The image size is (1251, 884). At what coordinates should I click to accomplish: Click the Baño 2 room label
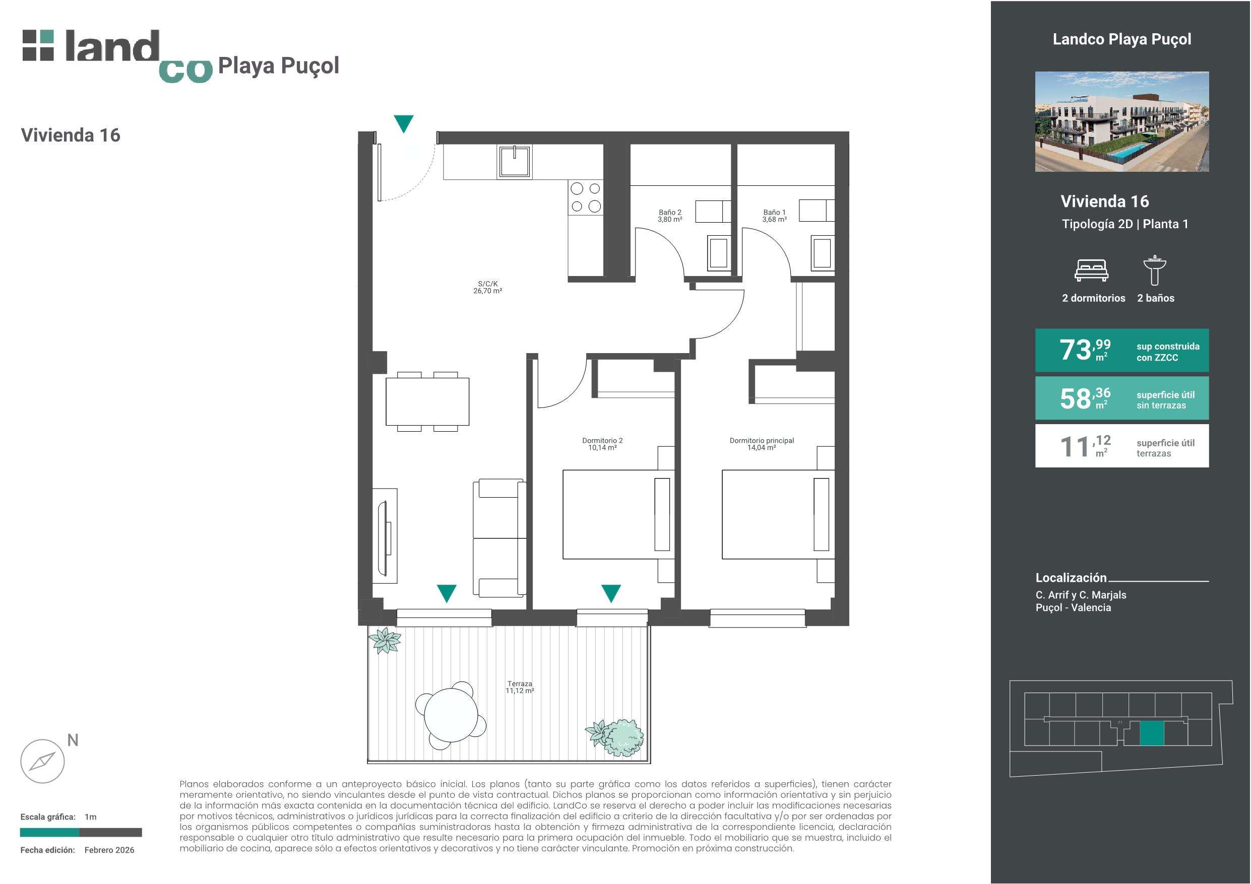[670, 216]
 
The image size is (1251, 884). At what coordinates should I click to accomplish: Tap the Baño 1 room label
[774, 216]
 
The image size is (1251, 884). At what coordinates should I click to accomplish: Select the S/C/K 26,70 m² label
[488, 288]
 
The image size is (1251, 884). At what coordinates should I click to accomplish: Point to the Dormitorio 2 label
[602, 444]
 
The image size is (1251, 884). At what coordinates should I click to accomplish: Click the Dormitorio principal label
[762, 444]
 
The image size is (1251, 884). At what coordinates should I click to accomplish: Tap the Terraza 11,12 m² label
[520, 687]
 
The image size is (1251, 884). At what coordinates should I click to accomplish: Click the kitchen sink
[514, 161]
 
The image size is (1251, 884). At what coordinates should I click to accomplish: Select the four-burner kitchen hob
[586, 197]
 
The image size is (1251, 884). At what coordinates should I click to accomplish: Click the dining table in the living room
[427, 401]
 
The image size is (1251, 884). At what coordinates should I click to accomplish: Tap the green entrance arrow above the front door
[404, 123]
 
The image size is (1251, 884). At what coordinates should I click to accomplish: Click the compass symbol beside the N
[42, 761]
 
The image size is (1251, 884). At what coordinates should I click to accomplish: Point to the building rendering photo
[1122, 121]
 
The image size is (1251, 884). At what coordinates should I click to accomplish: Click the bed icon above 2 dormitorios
[1091, 270]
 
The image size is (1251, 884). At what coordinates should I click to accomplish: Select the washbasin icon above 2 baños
[1155, 270]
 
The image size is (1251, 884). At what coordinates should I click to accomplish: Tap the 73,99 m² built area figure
[1085, 350]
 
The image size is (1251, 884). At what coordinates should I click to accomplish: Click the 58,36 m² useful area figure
[1085, 398]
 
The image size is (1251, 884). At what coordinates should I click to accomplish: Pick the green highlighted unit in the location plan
[1152, 732]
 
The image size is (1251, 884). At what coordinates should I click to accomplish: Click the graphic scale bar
[81, 832]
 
